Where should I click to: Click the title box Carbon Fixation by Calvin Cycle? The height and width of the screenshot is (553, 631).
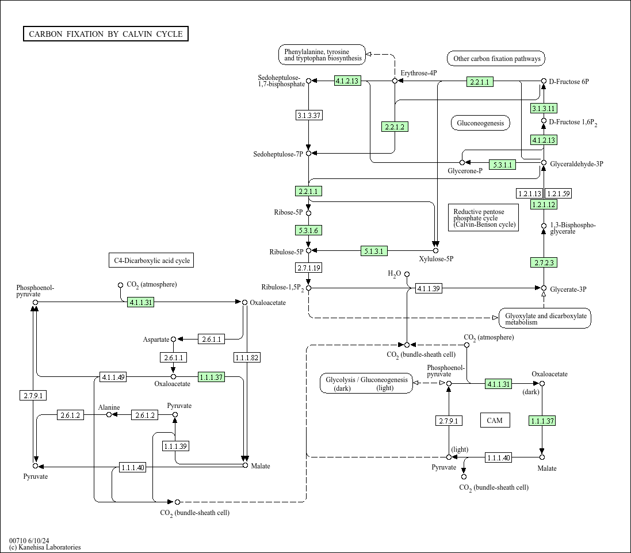click(106, 34)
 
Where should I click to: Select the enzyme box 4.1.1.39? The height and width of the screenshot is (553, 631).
click(429, 288)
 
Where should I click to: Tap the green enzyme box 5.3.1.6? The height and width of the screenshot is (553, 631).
click(308, 230)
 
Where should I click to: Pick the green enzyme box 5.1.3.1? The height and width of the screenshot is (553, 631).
click(374, 251)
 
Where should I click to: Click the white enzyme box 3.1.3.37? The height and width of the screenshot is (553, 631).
click(309, 116)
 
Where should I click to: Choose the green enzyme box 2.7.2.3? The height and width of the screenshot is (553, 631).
click(544, 262)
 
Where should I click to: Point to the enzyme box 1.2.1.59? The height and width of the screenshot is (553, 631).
click(558, 194)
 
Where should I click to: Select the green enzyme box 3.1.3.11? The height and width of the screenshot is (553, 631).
click(544, 108)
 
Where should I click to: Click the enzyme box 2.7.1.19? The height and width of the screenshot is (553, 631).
click(309, 268)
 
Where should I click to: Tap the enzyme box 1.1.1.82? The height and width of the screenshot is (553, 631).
click(247, 358)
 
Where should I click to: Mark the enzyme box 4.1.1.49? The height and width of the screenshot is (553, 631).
click(113, 377)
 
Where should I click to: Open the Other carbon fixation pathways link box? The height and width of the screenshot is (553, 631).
click(496, 59)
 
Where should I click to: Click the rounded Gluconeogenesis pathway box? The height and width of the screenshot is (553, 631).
click(480, 123)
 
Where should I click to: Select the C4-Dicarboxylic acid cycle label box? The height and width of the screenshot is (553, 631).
click(151, 261)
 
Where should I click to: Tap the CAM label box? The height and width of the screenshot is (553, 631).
click(495, 420)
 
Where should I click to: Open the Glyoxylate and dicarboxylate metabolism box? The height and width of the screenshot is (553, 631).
click(545, 318)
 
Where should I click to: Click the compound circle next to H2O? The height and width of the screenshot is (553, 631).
click(407, 274)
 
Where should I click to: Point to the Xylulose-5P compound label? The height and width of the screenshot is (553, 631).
click(436, 259)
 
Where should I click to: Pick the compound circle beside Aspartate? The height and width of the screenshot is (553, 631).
click(174, 340)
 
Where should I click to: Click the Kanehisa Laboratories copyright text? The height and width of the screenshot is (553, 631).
click(45, 547)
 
